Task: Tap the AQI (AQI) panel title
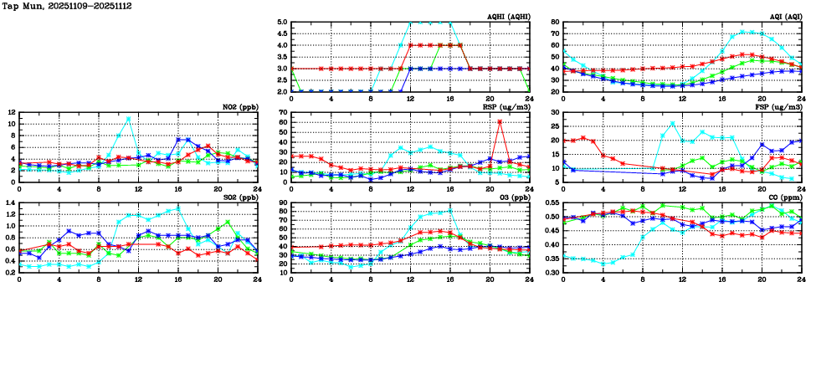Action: click(782, 17)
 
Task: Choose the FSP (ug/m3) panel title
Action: click(778, 107)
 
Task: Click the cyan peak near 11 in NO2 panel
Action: click(129, 118)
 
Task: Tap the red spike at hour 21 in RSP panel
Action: click(500, 122)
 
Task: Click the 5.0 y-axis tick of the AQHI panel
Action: click(281, 23)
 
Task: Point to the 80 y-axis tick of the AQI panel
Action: click(554, 23)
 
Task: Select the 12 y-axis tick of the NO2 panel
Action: click(10, 112)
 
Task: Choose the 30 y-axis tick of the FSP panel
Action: click(554, 112)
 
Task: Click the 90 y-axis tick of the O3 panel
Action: click(282, 203)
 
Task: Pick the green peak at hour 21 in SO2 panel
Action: click(228, 223)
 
